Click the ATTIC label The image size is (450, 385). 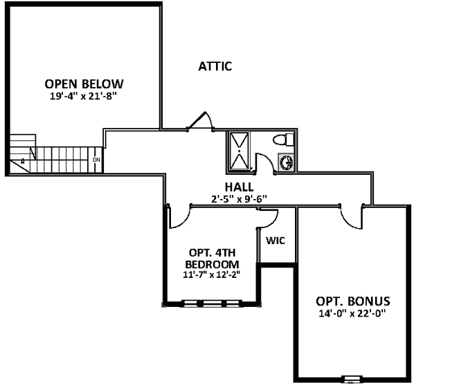(x=215, y=66)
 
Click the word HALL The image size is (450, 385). (x=238, y=187)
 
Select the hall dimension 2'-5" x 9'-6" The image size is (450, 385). (x=238, y=199)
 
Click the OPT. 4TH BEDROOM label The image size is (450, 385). (x=213, y=259)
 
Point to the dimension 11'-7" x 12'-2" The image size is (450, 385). (x=213, y=274)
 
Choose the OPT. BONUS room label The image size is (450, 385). (x=353, y=301)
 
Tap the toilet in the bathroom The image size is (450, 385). (x=282, y=140)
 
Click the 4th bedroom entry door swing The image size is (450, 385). (x=178, y=215)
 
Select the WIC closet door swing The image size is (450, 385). (x=269, y=218)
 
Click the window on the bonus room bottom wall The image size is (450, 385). (x=352, y=378)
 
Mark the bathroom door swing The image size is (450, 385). (x=264, y=165)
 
